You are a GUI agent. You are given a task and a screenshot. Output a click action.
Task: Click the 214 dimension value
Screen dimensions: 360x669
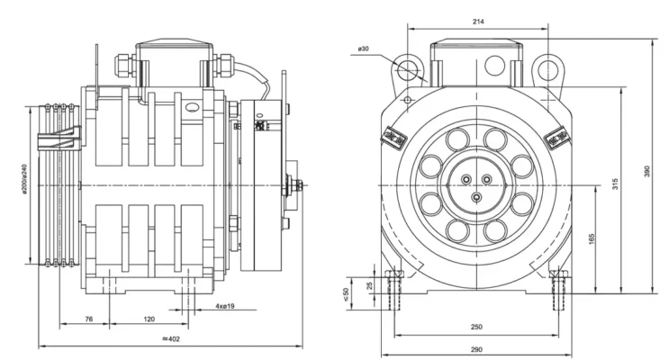point(476,21)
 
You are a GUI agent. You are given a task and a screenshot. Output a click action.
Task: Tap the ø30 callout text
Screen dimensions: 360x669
point(364,49)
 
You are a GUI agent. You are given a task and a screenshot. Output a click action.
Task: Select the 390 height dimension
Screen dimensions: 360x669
point(646,171)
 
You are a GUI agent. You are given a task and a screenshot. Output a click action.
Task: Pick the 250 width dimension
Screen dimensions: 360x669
point(476,326)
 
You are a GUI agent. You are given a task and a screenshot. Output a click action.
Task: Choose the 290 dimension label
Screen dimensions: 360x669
point(476,349)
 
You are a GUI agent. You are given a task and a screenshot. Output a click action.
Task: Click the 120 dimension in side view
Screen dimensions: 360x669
point(149,319)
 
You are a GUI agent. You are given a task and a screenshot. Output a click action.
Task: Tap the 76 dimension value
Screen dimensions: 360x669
point(89,319)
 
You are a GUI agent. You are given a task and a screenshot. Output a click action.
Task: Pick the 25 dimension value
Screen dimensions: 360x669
point(368,285)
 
